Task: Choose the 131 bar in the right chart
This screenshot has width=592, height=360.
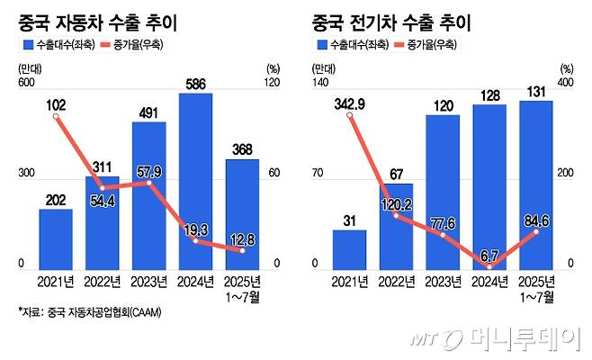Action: click(535, 184)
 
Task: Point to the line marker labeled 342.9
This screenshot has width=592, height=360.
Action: click(350, 115)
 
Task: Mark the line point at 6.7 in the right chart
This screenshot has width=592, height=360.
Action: click(489, 267)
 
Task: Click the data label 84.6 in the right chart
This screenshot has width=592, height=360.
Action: click(535, 216)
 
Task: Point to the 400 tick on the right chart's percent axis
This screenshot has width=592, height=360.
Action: click(566, 84)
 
